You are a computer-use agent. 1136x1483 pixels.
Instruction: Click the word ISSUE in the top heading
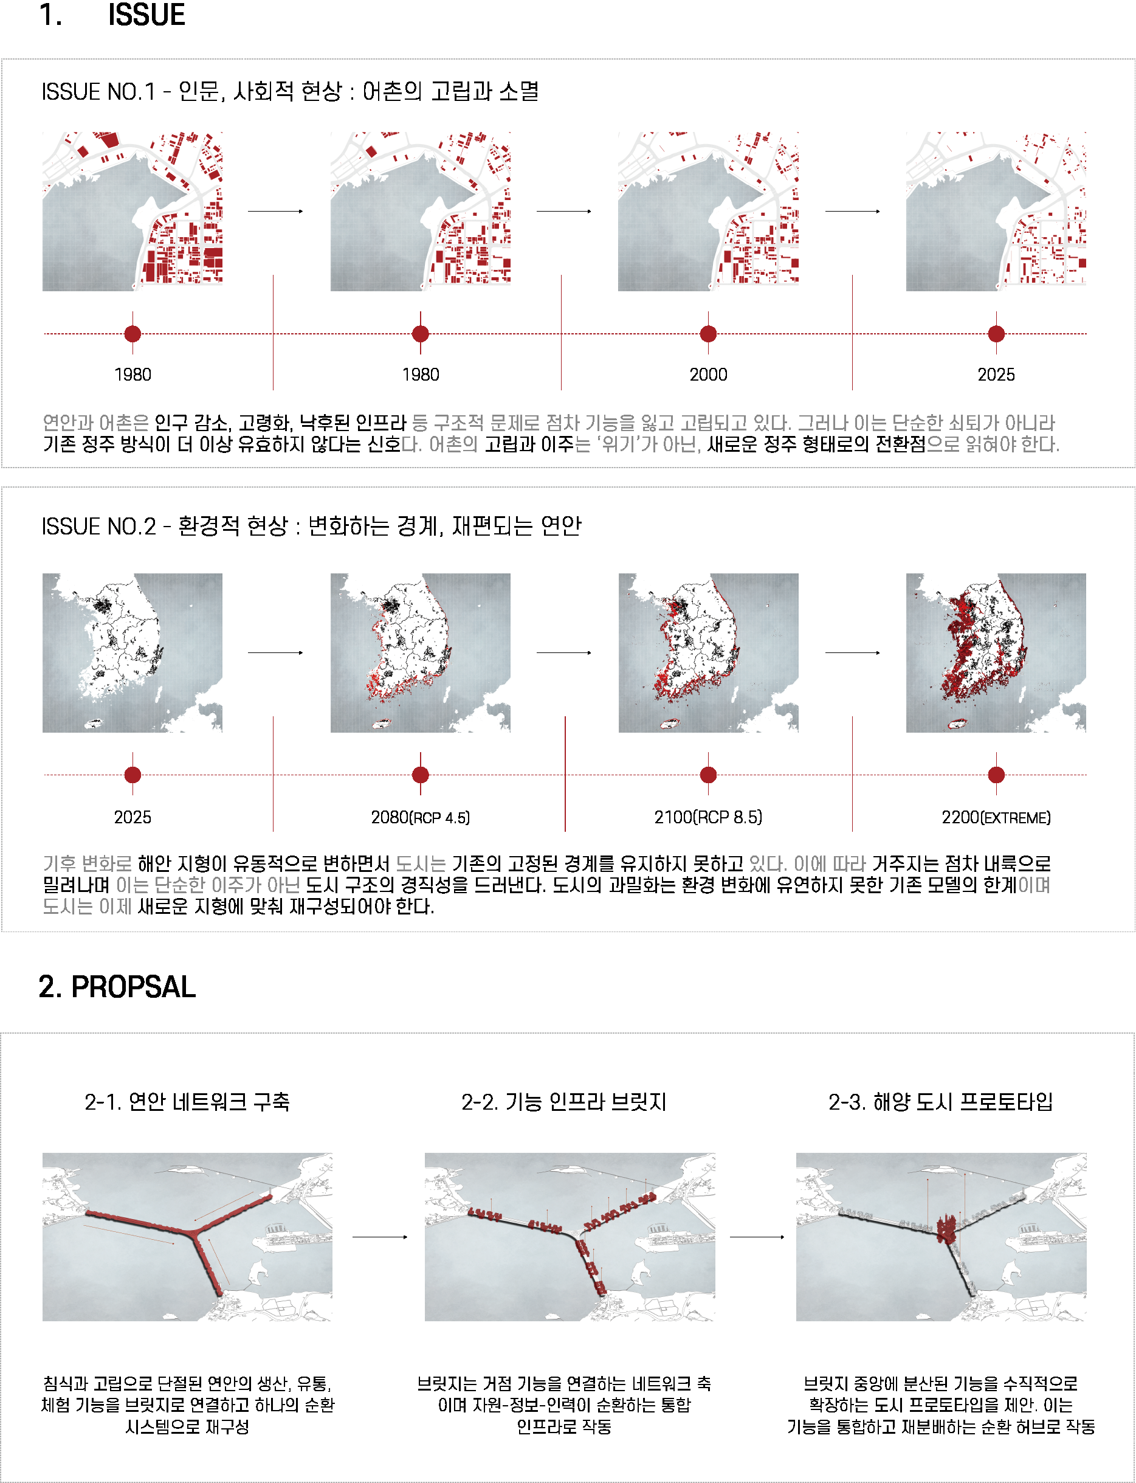146,14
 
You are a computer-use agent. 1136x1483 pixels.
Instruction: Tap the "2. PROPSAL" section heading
117,987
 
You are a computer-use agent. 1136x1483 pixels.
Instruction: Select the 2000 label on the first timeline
708,375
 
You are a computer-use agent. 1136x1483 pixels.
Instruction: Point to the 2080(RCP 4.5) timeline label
420,817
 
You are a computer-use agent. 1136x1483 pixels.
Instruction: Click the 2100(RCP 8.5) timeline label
708,817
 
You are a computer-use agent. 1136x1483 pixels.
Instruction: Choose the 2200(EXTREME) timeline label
996,817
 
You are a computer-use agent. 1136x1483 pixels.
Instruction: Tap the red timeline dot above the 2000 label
708,333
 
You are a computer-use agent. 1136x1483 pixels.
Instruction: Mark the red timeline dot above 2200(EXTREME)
996,775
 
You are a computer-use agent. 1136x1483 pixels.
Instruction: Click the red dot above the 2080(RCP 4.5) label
420,775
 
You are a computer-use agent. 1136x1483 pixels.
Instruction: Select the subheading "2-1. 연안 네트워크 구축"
187,1102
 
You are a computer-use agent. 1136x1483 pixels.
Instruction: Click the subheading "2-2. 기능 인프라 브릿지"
564,1102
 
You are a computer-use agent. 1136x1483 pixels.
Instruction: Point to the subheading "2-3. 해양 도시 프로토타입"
940,1102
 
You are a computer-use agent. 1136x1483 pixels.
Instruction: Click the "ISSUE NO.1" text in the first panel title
98,91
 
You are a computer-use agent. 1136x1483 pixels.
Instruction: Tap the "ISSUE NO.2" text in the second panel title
98,526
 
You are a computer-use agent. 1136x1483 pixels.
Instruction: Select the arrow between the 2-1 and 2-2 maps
380,1237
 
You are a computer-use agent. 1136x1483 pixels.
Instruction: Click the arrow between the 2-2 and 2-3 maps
757,1237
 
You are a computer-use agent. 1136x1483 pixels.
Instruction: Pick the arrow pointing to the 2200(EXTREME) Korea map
853,652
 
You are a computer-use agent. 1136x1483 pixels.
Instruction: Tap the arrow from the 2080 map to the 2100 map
564,652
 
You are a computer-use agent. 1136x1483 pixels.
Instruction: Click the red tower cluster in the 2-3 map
947,1228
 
